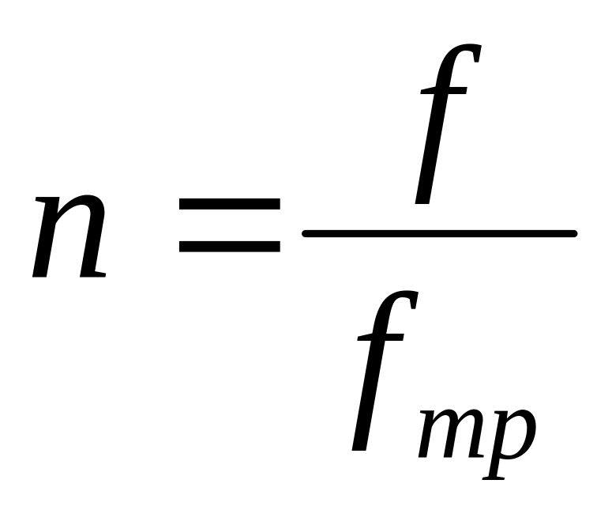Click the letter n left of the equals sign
(x=69, y=236)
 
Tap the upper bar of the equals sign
(x=230, y=204)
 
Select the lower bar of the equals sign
(x=230, y=246)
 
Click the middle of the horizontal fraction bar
(x=440, y=234)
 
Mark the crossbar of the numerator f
(x=443, y=90)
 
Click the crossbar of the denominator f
(x=380, y=337)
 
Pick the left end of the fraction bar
(x=304, y=234)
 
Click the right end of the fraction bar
(x=576, y=234)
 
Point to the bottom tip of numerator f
(x=422, y=202)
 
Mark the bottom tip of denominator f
(x=359, y=448)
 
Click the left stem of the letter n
(x=47, y=236)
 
